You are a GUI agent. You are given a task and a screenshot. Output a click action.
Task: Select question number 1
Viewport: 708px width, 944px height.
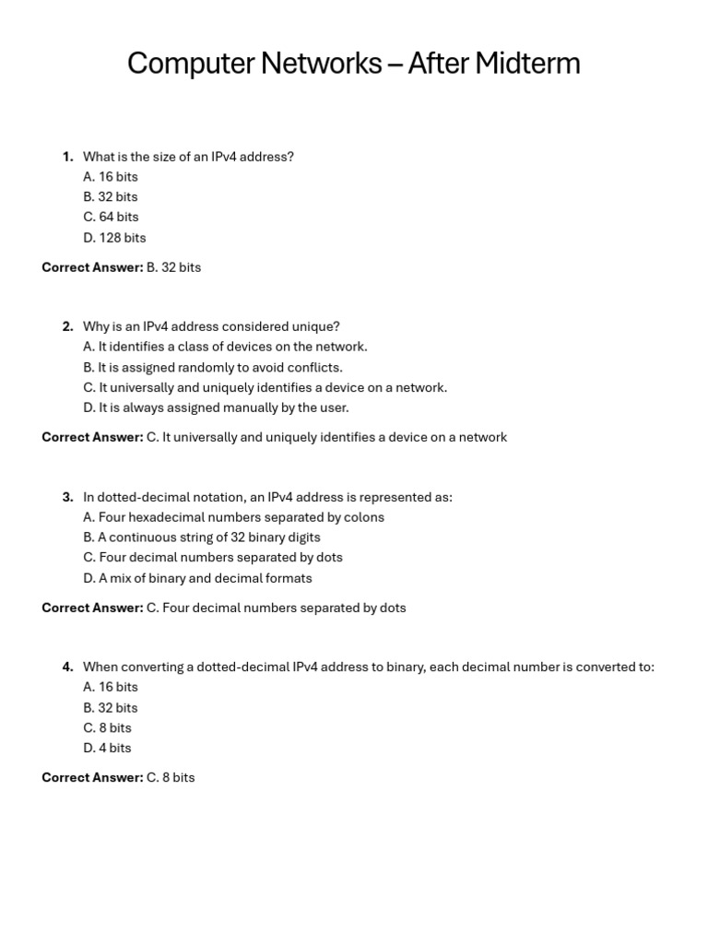click(x=67, y=157)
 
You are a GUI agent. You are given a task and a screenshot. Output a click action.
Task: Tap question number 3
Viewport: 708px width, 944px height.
click(x=67, y=497)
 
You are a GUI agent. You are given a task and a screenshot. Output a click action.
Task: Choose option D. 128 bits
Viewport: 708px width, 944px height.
click(x=114, y=238)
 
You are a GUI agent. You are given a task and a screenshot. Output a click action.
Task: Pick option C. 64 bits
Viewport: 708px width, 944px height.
click(x=111, y=218)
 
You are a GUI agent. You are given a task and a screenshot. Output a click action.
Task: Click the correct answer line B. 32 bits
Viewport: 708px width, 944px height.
click(x=173, y=267)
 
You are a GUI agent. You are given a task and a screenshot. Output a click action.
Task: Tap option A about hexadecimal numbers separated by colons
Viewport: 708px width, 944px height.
click(x=233, y=517)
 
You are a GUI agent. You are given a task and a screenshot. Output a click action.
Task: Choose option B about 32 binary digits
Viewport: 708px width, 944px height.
click(x=202, y=537)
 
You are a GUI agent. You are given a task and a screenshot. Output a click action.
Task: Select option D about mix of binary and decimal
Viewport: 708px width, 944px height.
click(x=197, y=578)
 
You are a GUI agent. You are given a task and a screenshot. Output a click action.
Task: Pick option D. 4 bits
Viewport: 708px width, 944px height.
click(x=107, y=748)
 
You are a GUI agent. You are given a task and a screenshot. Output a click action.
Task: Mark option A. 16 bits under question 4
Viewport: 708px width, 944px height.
click(x=111, y=687)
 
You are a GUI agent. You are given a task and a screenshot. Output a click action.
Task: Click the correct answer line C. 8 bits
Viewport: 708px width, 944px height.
click(x=171, y=777)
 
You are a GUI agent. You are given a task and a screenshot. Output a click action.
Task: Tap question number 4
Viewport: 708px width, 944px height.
click(x=67, y=667)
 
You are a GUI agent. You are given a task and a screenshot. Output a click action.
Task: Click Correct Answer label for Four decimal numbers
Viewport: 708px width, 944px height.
click(x=92, y=608)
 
